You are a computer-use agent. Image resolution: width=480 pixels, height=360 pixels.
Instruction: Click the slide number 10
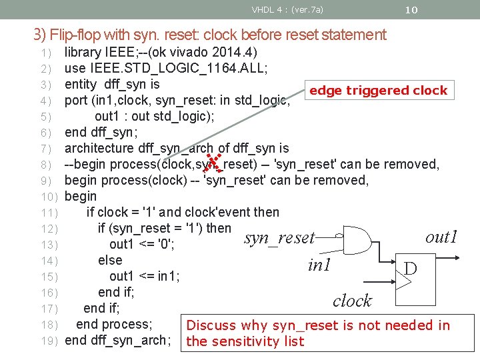pyautogui.click(x=411, y=10)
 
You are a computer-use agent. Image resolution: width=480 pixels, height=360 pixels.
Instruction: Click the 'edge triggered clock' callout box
pyautogui.click(x=378, y=91)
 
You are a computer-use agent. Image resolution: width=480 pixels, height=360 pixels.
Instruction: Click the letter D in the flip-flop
pyautogui.click(x=411, y=268)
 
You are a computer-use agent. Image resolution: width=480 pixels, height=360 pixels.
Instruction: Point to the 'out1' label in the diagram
pyautogui.click(x=441, y=237)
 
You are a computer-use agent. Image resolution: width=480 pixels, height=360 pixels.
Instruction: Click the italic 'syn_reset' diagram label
pyautogui.click(x=279, y=238)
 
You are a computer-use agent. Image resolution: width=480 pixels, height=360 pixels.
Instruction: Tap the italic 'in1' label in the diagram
pyautogui.click(x=319, y=265)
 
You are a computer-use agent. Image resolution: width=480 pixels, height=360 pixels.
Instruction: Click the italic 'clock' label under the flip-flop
pyautogui.click(x=351, y=301)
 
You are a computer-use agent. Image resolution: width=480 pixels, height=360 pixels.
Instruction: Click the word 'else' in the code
pyautogui.click(x=110, y=260)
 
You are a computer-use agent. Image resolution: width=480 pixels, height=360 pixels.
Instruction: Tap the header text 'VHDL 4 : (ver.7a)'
pyautogui.click(x=287, y=10)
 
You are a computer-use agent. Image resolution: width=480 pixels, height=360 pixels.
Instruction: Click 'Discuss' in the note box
pyautogui.click(x=211, y=325)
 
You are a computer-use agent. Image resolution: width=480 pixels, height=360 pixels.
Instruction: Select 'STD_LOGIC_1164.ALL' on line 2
pyautogui.click(x=201, y=68)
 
